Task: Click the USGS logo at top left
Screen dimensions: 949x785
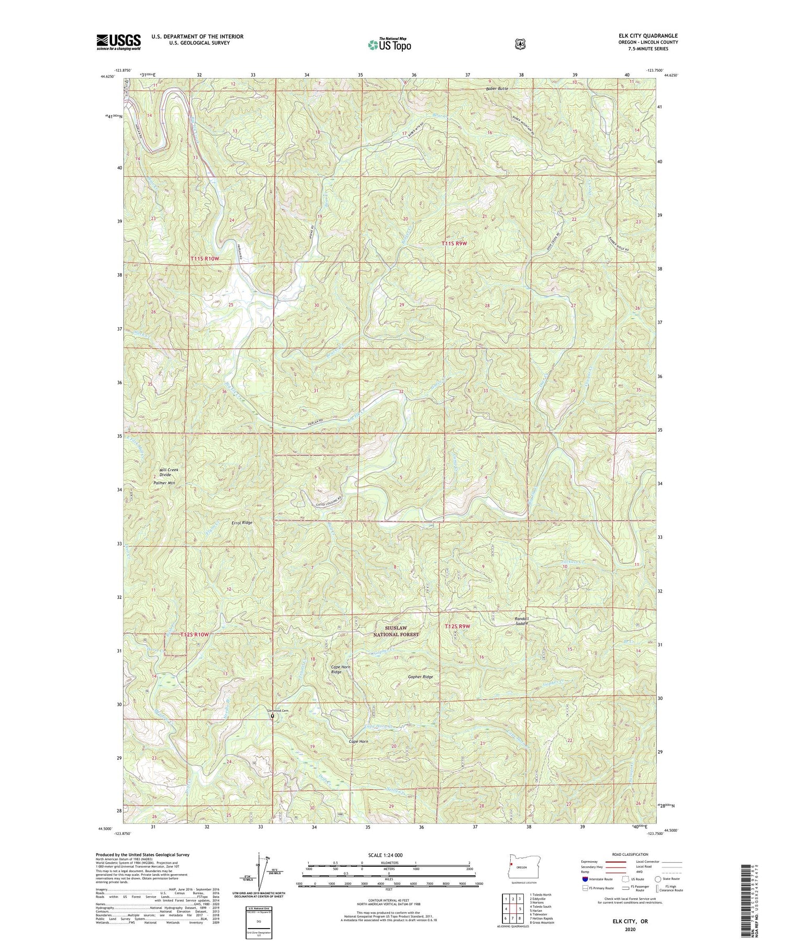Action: pos(118,42)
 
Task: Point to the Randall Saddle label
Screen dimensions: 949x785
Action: pos(522,621)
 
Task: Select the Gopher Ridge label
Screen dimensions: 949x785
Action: pos(420,677)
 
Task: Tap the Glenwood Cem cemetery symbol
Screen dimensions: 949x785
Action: pos(272,716)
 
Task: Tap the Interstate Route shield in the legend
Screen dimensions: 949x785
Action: pos(585,879)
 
